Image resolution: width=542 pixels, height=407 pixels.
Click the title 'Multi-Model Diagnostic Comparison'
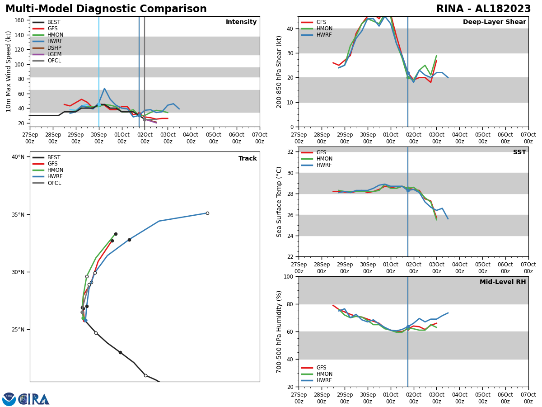106,9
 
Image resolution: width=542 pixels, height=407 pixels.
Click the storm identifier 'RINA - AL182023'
483,9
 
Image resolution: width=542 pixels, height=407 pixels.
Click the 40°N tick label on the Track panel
18,157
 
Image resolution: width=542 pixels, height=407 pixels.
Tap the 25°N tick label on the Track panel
18,330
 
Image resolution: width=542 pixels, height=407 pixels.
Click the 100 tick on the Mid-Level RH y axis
288,276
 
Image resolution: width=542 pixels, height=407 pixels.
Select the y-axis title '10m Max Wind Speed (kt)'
9,71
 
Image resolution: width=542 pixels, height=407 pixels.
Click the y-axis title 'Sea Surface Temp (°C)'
279,202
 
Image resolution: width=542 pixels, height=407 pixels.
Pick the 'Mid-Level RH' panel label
503,282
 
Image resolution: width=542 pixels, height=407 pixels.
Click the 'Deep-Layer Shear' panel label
494,22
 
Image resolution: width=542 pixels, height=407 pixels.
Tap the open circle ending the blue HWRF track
207,213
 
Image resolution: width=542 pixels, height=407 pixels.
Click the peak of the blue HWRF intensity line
104,89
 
